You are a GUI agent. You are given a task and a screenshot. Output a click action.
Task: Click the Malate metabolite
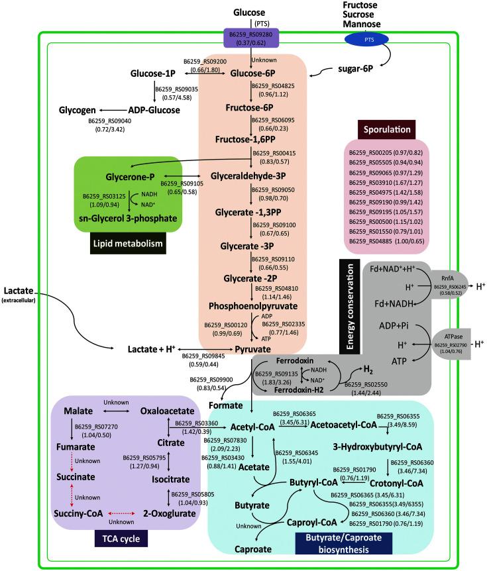(78, 411)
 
